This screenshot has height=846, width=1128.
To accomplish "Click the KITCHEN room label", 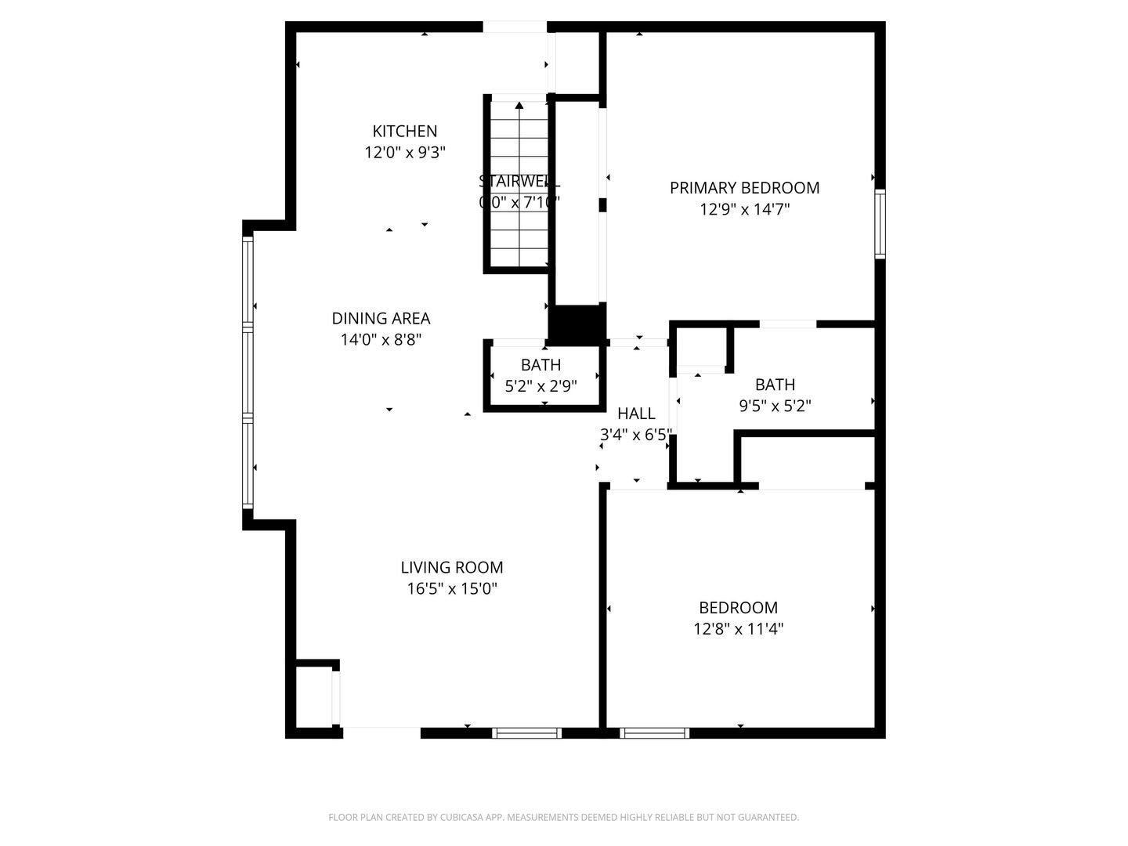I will (404, 131).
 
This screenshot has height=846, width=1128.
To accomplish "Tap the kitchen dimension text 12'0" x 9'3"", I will (404, 152).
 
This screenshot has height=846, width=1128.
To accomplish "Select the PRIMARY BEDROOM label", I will (744, 187).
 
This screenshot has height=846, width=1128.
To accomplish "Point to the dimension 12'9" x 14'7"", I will (744, 209).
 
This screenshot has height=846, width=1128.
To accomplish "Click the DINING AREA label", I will (381, 318).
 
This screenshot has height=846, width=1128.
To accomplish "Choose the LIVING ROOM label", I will (451, 567).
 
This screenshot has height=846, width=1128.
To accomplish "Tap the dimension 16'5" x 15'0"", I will (451, 588).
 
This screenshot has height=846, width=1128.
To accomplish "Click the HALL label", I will (636, 414).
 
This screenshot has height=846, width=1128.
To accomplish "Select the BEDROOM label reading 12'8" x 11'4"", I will (738, 607).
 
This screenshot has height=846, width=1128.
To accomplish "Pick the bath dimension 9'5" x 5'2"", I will (775, 406).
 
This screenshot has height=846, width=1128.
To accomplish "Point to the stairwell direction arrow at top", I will (519, 105).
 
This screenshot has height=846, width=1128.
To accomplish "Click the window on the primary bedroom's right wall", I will (880, 224).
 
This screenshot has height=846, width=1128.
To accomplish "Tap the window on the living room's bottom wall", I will (526, 733).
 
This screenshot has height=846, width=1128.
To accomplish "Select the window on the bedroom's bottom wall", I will (654, 733).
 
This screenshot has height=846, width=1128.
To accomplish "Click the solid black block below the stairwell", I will (577, 324).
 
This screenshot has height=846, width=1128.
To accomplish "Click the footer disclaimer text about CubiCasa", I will (563, 817).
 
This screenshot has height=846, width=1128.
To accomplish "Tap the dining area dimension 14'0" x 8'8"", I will (381, 339).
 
